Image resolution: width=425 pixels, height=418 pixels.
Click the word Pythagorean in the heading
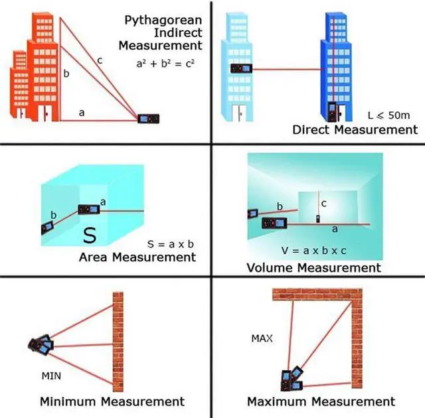[x=163, y=21]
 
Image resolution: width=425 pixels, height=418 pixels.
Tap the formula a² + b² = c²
[x=165, y=63]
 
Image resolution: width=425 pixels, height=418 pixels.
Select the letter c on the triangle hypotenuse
[x=100, y=60]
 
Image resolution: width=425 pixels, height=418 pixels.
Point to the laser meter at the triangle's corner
[x=148, y=119]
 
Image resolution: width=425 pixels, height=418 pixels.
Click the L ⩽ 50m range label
[x=388, y=115]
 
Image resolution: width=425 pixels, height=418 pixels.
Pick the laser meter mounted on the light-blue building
[x=241, y=68]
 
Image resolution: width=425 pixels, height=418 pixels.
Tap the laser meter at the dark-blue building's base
[x=332, y=112]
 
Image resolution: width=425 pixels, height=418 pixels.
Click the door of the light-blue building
[x=238, y=113]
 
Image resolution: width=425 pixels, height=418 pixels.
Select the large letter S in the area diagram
[x=90, y=236]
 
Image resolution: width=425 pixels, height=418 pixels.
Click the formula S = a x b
[x=171, y=244]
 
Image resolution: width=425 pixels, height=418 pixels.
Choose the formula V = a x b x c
[x=314, y=250]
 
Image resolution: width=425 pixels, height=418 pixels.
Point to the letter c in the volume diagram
[x=323, y=204]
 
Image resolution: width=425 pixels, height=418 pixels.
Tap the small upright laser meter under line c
[x=318, y=219]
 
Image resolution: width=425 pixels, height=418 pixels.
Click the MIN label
[x=51, y=376]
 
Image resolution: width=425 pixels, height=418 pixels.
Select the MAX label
[x=262, y=338]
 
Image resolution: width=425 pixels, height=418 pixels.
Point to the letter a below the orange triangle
[x=82, y=113]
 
